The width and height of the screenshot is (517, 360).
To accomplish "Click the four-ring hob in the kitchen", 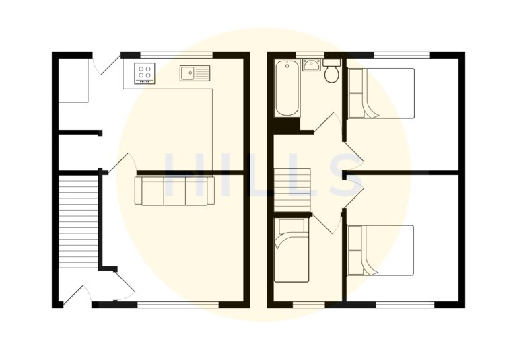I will [145, 73].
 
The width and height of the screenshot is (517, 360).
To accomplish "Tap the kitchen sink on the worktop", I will [195, 73].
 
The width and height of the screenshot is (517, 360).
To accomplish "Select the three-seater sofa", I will [174, 191].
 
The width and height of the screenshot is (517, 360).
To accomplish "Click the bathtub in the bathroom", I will [287, 87].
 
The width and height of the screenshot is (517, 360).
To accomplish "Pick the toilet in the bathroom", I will [332, 71].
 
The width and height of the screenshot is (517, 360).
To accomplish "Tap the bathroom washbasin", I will [310, 65].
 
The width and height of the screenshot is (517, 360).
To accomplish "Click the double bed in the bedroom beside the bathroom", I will [381, 93].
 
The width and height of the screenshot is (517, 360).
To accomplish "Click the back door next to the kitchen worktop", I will [101, 65].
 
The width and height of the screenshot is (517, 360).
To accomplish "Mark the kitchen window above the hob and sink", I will [176, 55].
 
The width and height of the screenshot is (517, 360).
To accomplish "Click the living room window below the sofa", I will [178, 305].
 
